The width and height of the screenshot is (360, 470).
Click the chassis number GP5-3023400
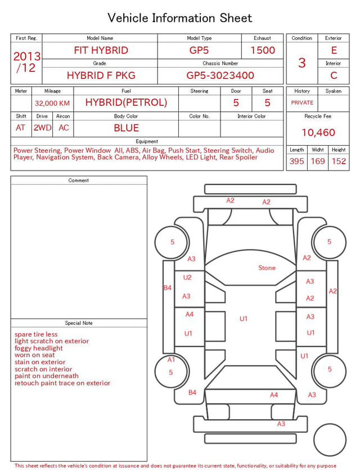[x=220, y=75]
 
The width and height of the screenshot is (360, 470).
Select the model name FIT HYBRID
[x=101, y=50]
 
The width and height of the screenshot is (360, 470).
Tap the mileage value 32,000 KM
[x=52, y=103]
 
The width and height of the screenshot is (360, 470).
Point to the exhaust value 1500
[x=263, y=50]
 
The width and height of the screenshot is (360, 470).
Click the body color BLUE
[x=126, y=128]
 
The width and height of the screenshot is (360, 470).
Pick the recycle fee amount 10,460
[x=318, y=132]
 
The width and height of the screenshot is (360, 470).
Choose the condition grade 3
[x=302, y=62]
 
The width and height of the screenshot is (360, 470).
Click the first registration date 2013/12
[x=26, y=62]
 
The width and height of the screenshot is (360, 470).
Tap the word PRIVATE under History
[x=302, y=102]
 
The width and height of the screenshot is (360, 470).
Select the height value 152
[x=339, y=161]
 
